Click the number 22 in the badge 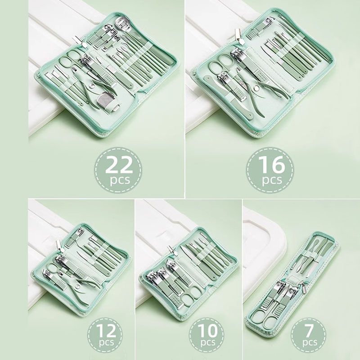(x=119, y=165)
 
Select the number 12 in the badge (x=106, y=330)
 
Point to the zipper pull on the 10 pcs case (x=172, y=250)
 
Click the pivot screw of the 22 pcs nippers (x=91, y=86)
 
